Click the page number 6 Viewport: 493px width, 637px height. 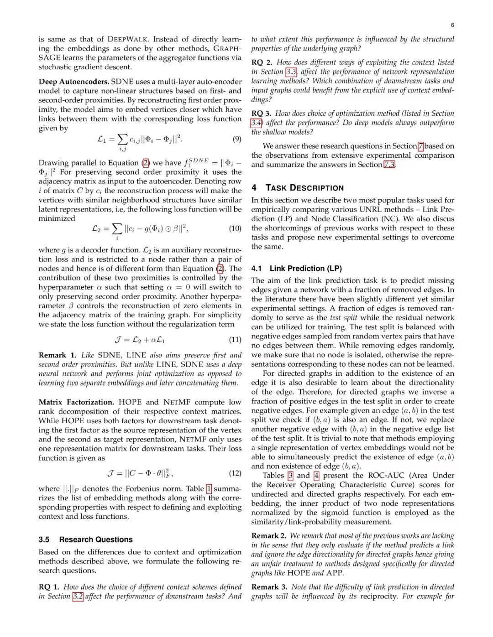pyautogui.click(x=452, y=25)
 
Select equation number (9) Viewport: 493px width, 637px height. pyautogui.click(x=237, y=139)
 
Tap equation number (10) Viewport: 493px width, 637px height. pyautogui.click(x=235, y=228)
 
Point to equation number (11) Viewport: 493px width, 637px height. pyautogui.click(x=235, y=340)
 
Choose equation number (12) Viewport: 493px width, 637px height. pyautogui.click(x=235, y=473)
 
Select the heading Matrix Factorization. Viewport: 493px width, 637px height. pyautogui.click(x=76, y=402)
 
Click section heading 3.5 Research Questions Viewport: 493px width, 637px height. pyautogui.click(x=85, y=539)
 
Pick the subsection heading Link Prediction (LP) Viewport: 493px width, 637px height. pyautogui.click(x=297, y=269)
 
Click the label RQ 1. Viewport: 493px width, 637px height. pyautogui.click(x=49, y=587)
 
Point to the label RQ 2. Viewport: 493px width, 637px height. pyautogui.click(x=262, y=62)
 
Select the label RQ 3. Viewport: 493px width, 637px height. pyautogui.click(x=261, y=114)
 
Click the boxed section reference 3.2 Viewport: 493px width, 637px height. pyautogui.click(x=78, y=596)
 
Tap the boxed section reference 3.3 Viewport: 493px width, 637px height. pyautogui.click(x=291, y=72)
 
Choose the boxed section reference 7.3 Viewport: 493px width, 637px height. pyautogui.click(x=389, y=165)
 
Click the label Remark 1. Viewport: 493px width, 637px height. pyautogui.click(x=58, y=355)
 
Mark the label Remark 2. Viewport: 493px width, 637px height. pyautogui.click(x=269, y=536)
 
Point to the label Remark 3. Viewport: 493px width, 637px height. pyautogui.click(x=269, y=587)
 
